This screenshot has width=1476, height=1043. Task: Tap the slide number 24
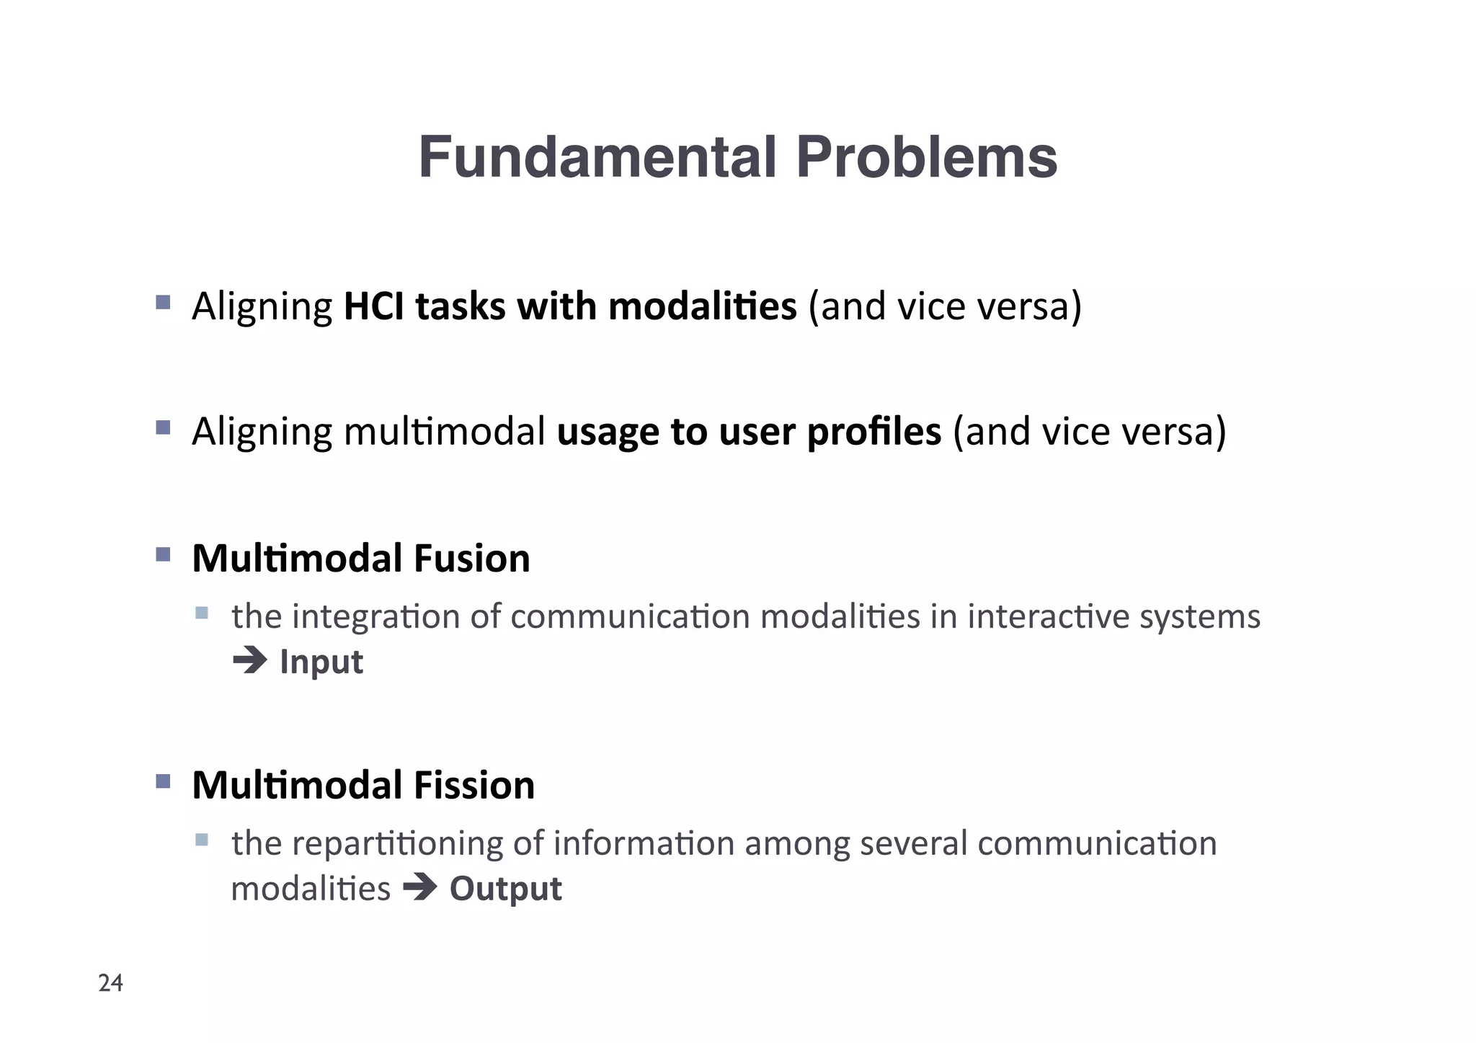click(x=110, y=983)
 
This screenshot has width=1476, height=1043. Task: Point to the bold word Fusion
click(x=471, y=558)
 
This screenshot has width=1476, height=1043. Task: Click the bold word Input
click(x=321, y=662)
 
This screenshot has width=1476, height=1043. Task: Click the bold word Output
click(x=505, y=888)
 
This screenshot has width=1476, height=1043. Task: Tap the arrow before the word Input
click(x=250, y=660)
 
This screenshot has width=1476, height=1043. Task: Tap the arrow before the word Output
click(x=420, y=887)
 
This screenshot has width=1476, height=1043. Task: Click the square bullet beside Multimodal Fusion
click(x=163, y=554)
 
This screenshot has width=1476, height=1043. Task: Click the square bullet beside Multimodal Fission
click(x=163, y=781)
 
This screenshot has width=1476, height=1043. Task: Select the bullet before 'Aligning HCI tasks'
click(x=163, y=302)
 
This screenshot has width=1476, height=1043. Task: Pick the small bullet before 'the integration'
click(x=202, y=613)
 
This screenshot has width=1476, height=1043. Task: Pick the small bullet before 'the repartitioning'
click(x=202, y=840)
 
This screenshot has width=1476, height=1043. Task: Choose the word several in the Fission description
click(x=913, y=843)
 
